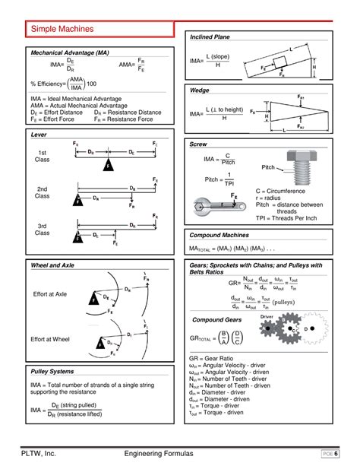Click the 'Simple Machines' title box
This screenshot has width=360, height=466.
point(63,29)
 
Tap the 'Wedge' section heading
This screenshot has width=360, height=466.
point(200,90)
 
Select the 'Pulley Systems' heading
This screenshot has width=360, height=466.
point(52,371)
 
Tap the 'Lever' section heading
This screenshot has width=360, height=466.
point(39,133)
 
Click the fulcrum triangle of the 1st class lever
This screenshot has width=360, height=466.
point(108,163)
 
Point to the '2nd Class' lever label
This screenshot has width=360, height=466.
point(43,192)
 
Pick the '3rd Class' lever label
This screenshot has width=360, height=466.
point(43,230)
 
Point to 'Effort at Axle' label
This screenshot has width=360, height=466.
point(51,293)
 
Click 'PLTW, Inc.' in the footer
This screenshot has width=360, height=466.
point(45,453)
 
